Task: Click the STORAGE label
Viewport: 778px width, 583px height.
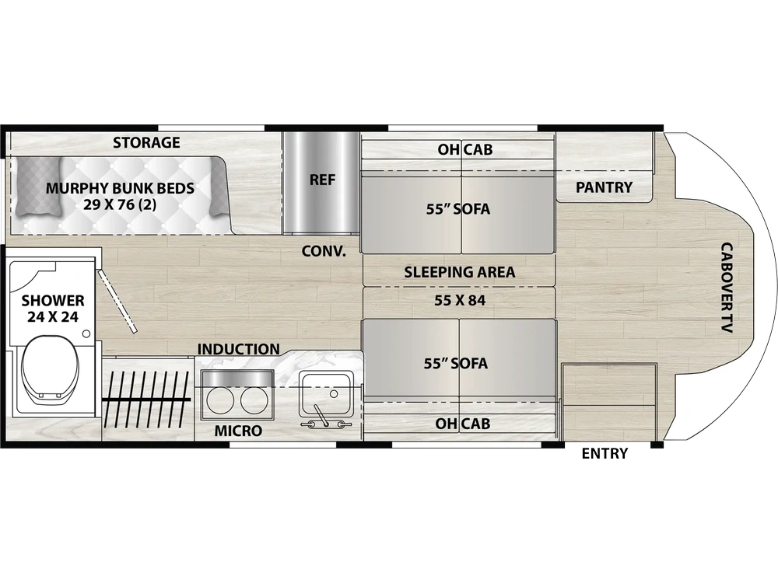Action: tap(146, 143)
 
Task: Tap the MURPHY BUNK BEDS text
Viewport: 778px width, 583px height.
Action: tap(120, 188)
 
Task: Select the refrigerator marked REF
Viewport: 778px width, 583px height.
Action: tap(321, 183)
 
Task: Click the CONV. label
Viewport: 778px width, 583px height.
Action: tap(324, 251)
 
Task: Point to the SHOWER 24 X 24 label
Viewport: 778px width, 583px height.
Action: tap(53, 309)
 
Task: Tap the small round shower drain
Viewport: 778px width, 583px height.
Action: tap(86, 333)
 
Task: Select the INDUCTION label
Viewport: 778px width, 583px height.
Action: tap(239, 349)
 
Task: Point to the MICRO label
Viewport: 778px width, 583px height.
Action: tap(238, 431)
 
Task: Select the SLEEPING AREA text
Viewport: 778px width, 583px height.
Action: tap(460, 272)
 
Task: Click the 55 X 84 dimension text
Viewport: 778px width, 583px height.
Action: tap(460, 300)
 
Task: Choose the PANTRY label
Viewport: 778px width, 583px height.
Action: tap(605, 187)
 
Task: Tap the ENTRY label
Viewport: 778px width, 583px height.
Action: tap(605, 453)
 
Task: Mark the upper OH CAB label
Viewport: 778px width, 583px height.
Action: tap(465, 150)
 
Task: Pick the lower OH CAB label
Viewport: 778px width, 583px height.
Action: tap(462, 424)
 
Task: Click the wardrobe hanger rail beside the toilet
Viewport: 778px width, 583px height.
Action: tap(147, 399)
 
